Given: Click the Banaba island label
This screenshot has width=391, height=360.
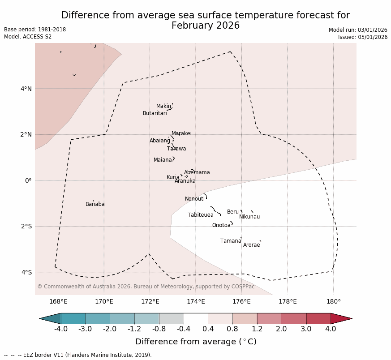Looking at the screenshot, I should (95, 204).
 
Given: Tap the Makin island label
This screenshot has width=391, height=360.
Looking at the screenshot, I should (163, 106).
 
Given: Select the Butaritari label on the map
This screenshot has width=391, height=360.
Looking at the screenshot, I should (155, 113).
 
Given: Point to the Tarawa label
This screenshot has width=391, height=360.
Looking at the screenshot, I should (176, 149).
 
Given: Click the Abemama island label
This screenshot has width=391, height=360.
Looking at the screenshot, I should (197, 172).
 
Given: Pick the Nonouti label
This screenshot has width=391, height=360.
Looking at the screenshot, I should (195, 199).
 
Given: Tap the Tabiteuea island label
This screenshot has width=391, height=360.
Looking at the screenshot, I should (201, 215).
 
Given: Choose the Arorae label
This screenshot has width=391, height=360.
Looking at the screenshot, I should (251, 245).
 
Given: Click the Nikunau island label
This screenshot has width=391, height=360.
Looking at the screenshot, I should (249, 217).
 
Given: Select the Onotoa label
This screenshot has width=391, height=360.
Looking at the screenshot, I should (221, 225).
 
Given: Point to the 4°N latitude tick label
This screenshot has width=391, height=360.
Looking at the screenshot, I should (26, 89).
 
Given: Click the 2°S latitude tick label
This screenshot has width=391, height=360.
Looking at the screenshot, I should (26, 226).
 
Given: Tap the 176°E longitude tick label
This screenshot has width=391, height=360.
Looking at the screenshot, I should (241, 301).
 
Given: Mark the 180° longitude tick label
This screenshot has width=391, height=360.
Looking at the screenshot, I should (333, 301).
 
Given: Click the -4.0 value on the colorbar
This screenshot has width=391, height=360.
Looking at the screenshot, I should (61, 330).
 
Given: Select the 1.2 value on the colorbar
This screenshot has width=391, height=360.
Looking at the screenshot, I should (257, 330).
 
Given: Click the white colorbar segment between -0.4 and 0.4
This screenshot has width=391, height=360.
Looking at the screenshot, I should (196, 318).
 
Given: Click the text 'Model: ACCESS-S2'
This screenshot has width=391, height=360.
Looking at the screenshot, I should (28, 37).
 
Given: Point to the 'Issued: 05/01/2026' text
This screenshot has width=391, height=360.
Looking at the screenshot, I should (362, 37).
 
